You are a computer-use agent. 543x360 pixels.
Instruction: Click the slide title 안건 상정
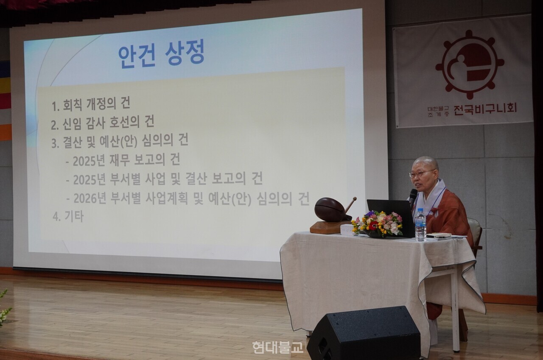162,54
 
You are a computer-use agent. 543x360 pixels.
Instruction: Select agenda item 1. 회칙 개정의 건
91,104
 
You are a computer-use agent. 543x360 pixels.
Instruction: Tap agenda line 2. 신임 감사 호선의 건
103,123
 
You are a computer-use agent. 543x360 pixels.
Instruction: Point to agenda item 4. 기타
68,216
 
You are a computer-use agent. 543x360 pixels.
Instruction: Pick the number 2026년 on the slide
90,198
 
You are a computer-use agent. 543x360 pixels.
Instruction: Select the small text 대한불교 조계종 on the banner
438,112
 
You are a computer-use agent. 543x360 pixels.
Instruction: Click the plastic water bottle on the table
420,225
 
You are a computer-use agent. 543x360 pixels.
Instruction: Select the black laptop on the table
390,218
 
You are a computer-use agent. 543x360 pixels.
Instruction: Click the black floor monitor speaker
364,334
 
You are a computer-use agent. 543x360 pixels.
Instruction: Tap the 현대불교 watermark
278,347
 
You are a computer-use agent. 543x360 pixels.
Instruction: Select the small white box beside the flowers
348,230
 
